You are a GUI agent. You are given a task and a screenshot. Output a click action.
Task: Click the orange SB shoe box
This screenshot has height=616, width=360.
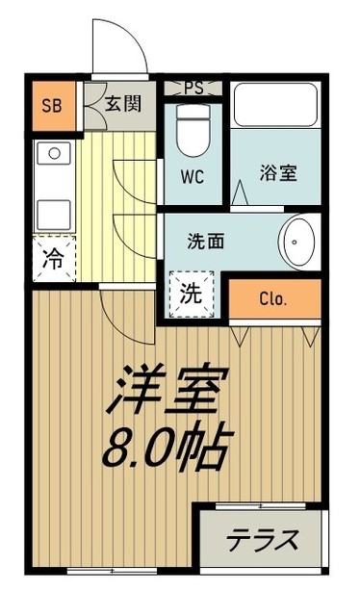51,105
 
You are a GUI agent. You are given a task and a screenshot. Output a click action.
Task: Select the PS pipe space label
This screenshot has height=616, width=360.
193,88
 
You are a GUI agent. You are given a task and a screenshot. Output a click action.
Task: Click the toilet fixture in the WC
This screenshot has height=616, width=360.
193,136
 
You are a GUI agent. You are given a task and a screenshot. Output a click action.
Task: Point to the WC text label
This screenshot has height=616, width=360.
193,178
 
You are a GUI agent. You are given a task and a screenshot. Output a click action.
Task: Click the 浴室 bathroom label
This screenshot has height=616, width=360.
277,173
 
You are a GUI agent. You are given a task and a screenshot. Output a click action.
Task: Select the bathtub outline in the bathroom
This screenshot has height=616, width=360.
277,107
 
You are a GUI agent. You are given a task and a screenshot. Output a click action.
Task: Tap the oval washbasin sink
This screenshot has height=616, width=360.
298,242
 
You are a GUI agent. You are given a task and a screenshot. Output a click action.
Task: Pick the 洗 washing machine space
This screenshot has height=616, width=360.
192,295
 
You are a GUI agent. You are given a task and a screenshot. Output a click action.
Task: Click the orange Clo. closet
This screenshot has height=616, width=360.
273,298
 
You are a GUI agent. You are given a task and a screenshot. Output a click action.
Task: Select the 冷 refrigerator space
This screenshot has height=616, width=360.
54,259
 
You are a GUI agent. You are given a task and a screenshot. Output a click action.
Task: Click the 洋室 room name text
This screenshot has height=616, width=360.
166,389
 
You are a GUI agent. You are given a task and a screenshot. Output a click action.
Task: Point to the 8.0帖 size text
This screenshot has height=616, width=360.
166,445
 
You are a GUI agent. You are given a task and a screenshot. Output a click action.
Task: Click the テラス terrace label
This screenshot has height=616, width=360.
262,541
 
